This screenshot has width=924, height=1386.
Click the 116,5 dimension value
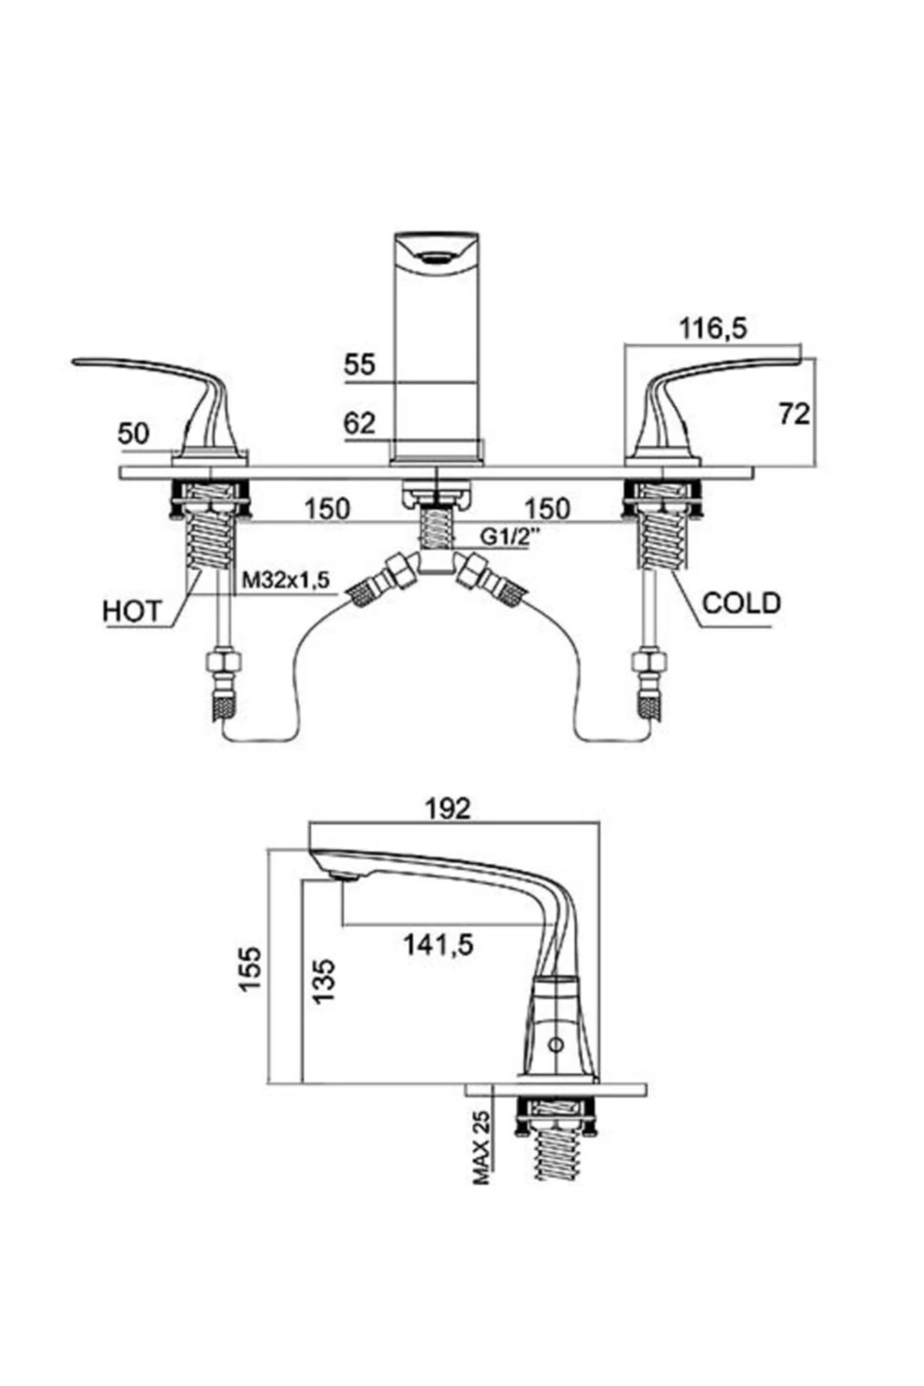713,329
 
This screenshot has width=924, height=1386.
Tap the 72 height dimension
794,414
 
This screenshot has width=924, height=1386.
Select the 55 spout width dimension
360,364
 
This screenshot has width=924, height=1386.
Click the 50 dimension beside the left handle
133,434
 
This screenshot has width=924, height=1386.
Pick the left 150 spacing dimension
326,508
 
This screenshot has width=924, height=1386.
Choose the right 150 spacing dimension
547,508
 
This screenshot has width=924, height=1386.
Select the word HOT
132,611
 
